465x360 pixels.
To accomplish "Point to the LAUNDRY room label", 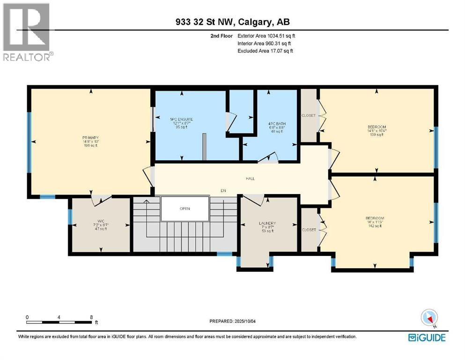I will [x=267, y=223].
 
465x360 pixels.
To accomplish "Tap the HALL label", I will [x=250, y=179].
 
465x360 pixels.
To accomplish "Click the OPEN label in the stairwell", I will [x=185, y=209].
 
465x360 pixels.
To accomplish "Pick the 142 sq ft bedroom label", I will [x=375, y=218].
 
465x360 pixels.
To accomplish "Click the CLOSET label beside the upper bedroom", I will [x=308, y=115].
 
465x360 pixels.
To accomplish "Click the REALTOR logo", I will [x=27, y=32].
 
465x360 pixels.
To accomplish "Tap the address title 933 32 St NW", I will [x=232, y=22].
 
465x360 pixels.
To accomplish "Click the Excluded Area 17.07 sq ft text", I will [x=265, y=51].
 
